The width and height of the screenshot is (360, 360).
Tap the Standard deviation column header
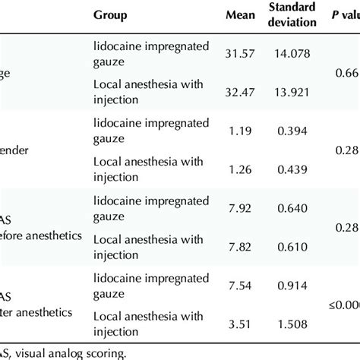292,15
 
